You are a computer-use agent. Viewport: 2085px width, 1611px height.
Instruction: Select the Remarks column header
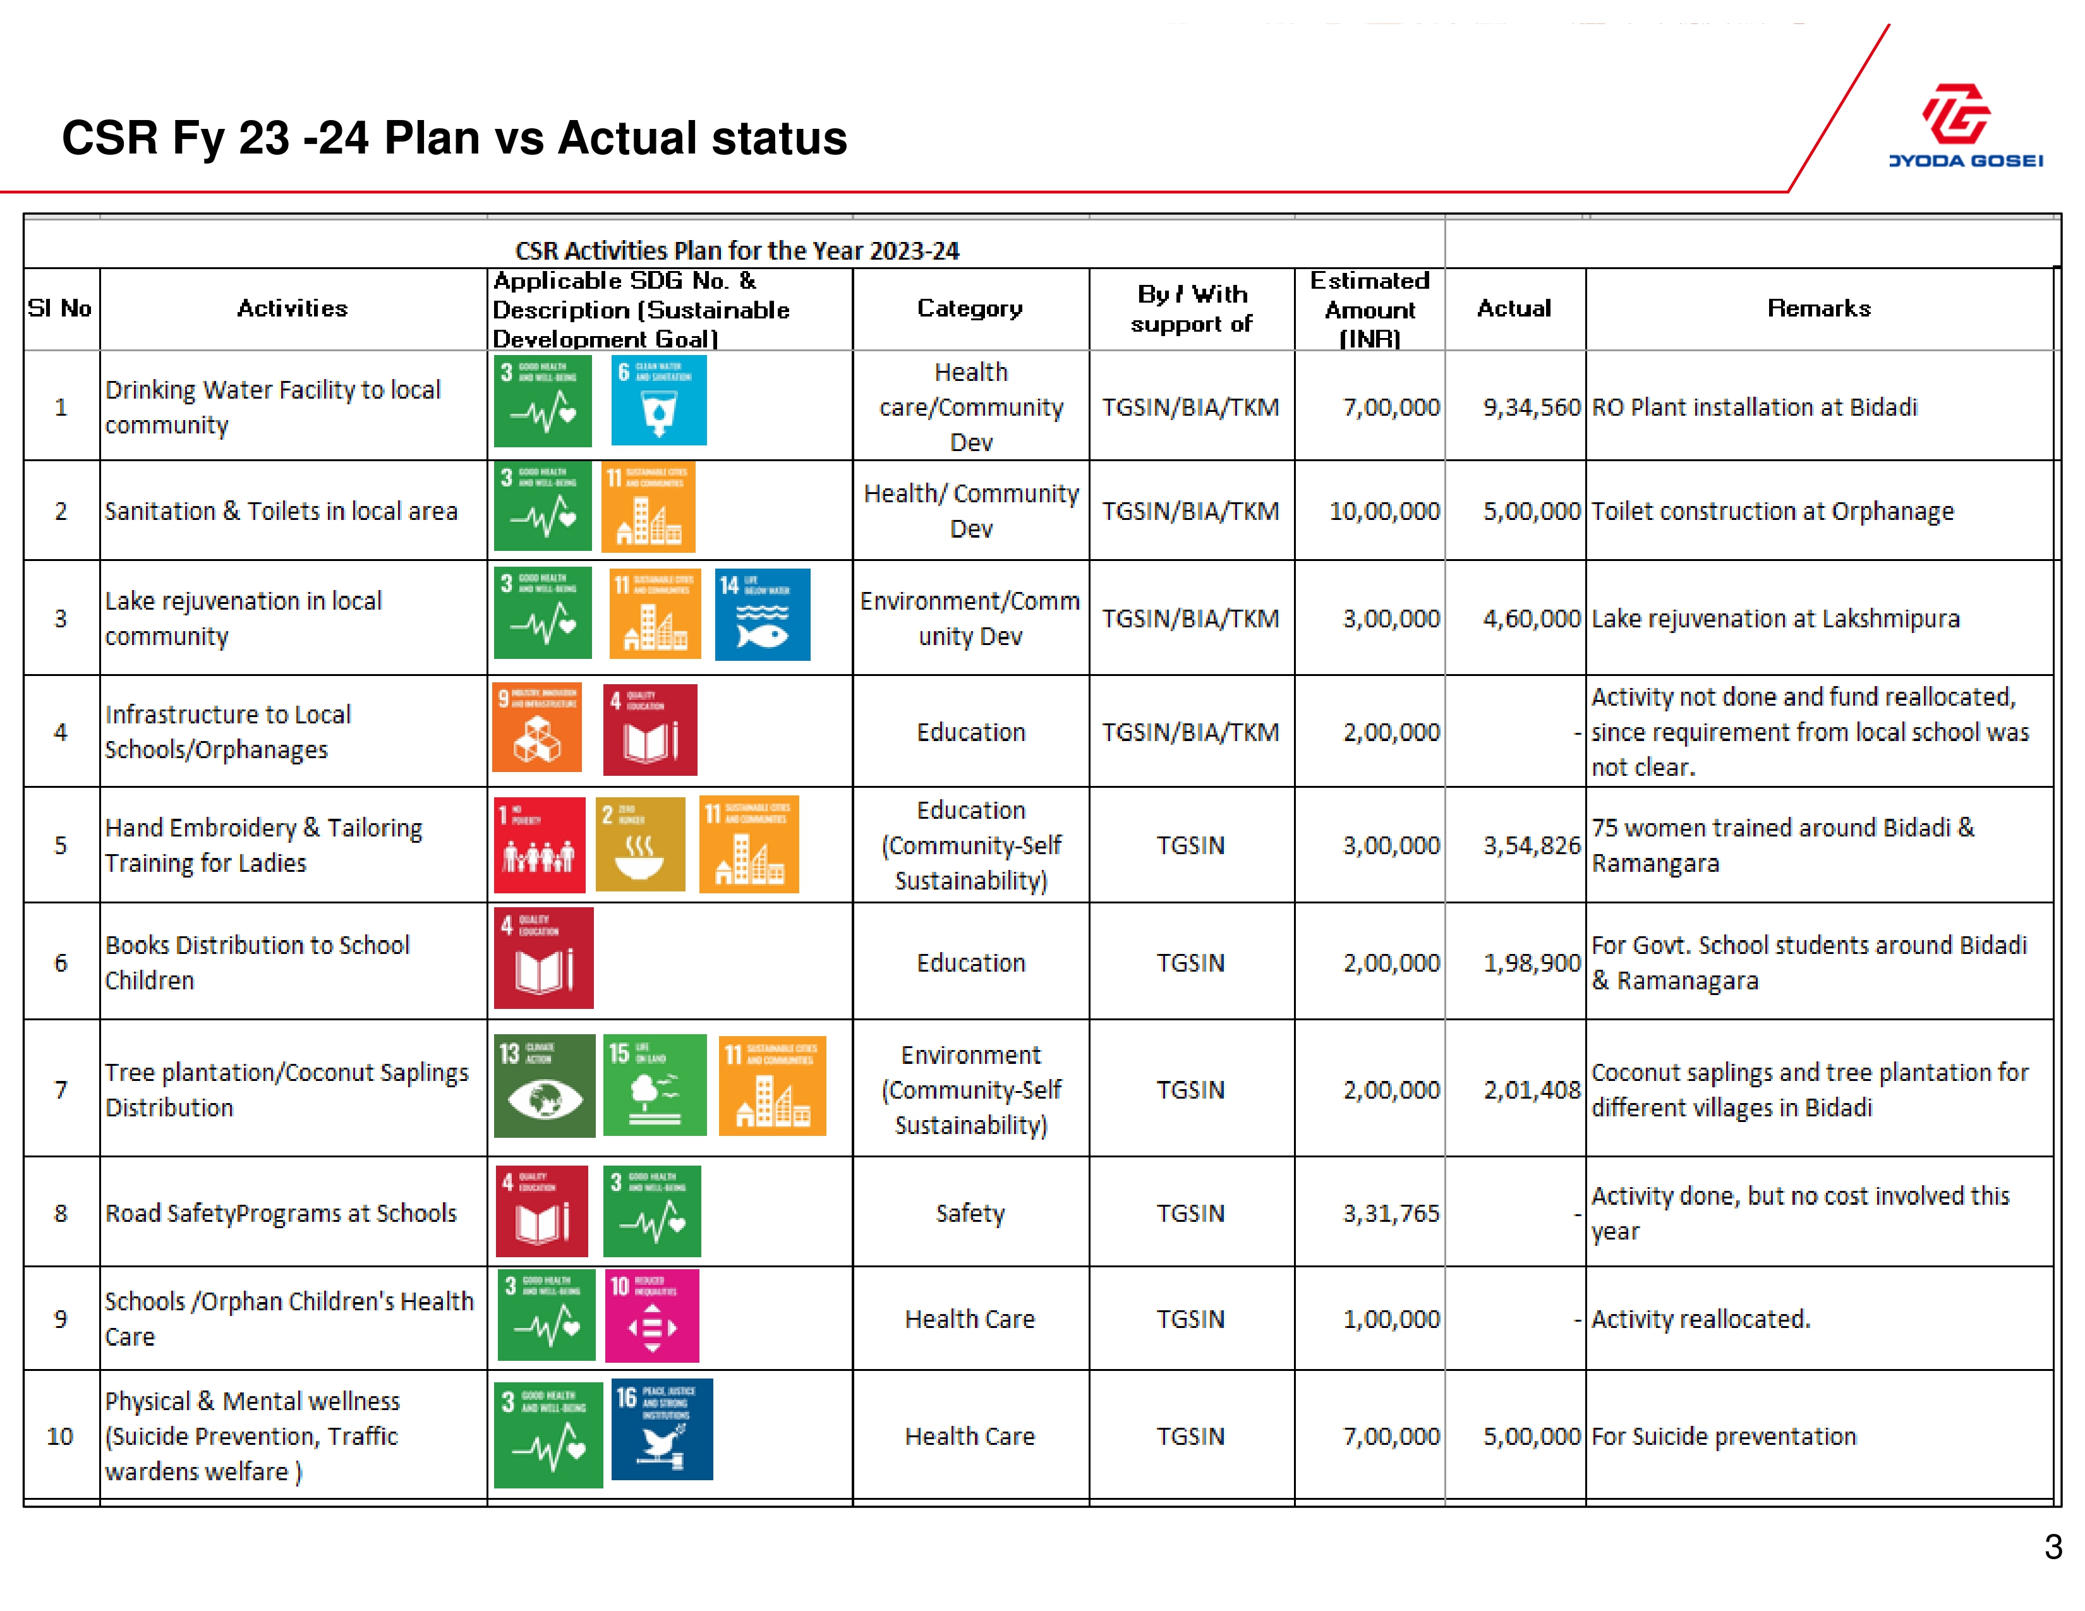click(1818, 308)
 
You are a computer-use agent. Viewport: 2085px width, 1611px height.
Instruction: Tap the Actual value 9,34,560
click(1532, 407)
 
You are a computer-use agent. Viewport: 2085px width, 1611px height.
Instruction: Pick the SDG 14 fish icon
click(762, 615)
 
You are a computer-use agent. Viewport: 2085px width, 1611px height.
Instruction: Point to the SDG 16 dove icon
click(662, 1428)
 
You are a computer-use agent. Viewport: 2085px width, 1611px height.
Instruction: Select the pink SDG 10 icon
click(652, 1315)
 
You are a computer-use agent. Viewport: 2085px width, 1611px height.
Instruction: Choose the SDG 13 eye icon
click(544, 1086)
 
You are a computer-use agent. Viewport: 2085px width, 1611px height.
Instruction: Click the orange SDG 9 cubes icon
click(536, 728)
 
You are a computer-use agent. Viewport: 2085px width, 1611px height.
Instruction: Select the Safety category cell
click(970, 1213)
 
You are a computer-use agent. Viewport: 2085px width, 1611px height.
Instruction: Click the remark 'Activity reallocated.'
click(1700, 1319)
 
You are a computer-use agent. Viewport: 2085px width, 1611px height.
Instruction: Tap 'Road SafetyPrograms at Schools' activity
click(281, 1213)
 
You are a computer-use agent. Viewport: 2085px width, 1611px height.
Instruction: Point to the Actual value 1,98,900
click(1532, 963)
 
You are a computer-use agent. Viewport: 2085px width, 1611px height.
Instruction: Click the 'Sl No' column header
click(60, 308)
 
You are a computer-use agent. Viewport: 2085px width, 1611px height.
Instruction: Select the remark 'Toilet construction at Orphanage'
click(1772, 512)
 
